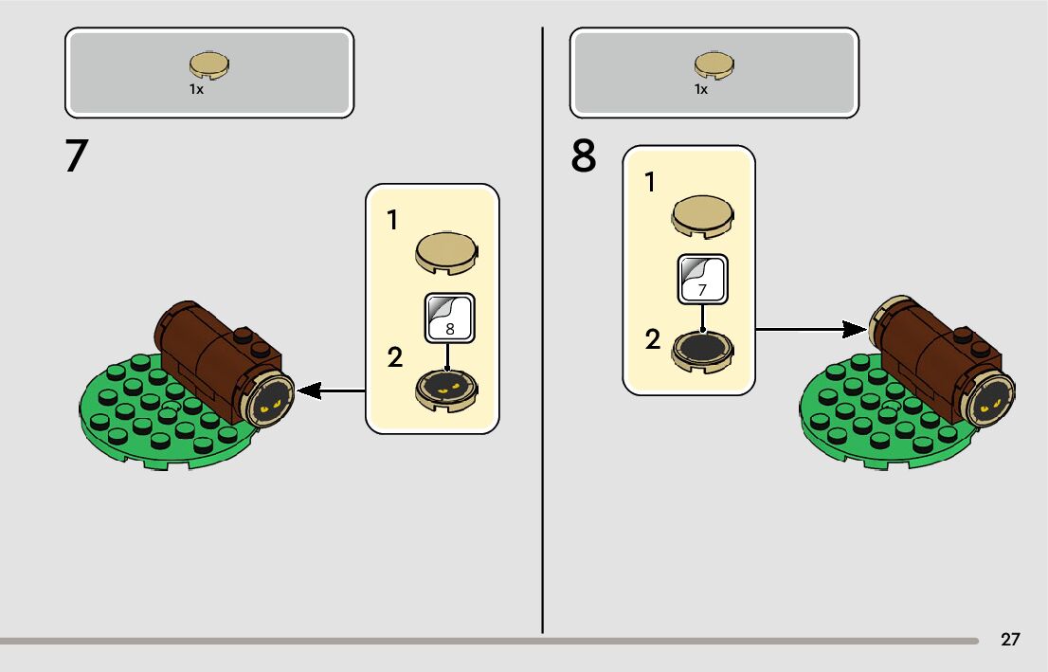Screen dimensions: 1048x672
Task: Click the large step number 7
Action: pyautogui.click(x=77, y=156)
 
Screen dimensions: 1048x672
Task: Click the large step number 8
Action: pyautogui.click(x=584, y=156)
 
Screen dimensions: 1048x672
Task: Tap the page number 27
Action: pyautogui.click(x=1010, y=639)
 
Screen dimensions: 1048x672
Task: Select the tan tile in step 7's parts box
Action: pyautogui.click(x=210, y=64)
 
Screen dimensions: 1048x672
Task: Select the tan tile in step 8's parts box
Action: pyautogui.click(x=714, y=64)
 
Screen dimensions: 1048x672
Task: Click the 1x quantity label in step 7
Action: pyautogui.click(x=196, y=89)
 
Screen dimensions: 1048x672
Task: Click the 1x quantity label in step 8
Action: pyautogui.click(x=701, y=89)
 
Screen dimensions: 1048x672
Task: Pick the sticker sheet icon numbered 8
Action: pyautogui.click(x=449, y=317)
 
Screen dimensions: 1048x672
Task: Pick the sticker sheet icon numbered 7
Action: pyautogui.click(x=702, y=279)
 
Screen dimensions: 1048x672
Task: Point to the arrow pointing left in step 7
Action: pyautogui.click(x=332, y=390)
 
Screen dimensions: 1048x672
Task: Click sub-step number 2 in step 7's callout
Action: pyautogui.click(x=394, y=358)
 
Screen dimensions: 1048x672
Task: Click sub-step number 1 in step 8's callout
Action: pyautogui.click(x=650, y=182)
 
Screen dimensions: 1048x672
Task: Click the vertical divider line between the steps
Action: pyautogui.click(x=543, y=332)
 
